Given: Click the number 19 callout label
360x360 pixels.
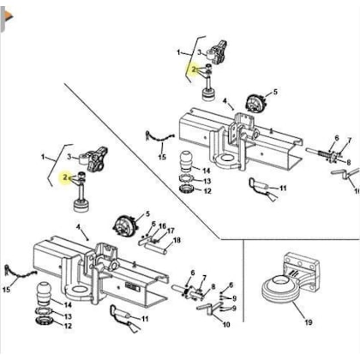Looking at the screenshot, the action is click(x=309, y=322).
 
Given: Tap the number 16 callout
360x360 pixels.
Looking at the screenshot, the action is click(x=162, y=226).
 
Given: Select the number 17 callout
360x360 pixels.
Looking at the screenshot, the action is click(x=171, y=231).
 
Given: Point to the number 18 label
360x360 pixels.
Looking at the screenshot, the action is click(x=177, y=240).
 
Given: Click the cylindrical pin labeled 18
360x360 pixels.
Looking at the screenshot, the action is click(x=157, y=249).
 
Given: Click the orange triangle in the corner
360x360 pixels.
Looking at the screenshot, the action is click(x=9, y=16).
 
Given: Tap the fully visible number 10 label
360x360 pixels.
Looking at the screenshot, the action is click(x=226, y=325).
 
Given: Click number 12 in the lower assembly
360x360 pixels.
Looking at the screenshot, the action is click(x=68, y=326).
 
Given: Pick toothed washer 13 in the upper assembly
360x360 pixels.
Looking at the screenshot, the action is click(x=187, y=179).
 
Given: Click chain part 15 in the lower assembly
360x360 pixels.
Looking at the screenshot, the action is click(x=21, y=273).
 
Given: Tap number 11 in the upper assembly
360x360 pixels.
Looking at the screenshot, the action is click(x=283, y=188).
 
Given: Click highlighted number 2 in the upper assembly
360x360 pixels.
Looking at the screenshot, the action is click(x=195, y=69).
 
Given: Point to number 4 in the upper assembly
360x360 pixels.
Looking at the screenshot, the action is click(x=225, y=101).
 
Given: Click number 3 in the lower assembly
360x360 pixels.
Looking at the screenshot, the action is click(x=69, y=157).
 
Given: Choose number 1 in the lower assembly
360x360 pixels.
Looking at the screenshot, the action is click(x=43, y=157).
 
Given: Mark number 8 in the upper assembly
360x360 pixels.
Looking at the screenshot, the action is click(x=349, y=162).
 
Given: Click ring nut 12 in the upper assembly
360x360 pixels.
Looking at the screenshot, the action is click(x=187, y=189).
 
